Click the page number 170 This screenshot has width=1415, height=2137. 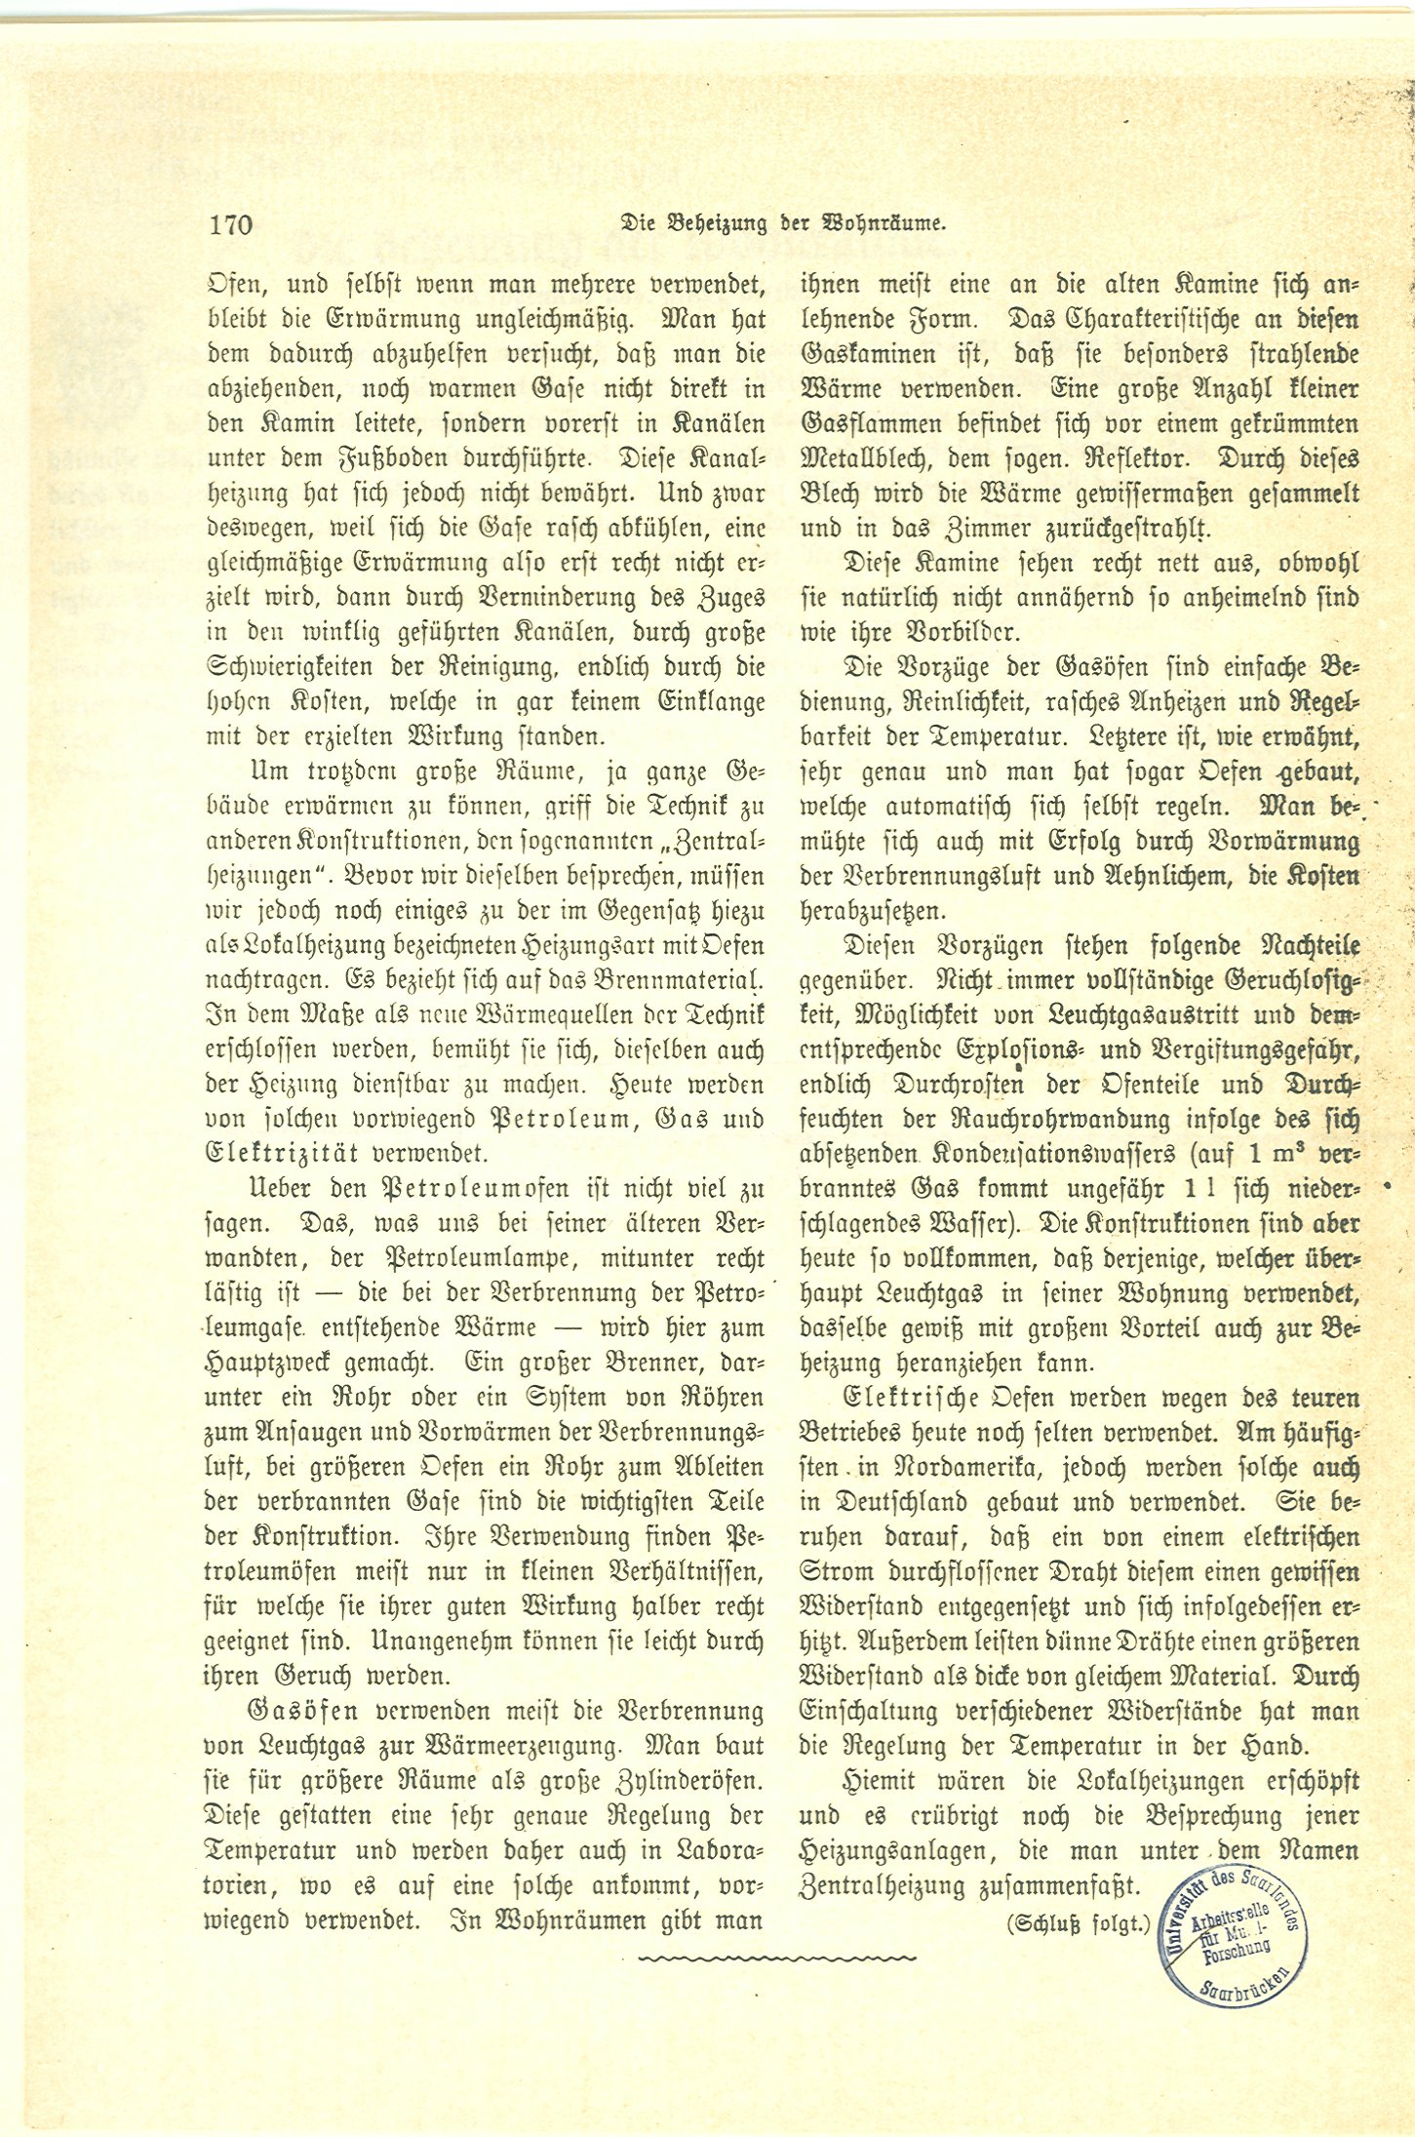click(230, 225)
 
